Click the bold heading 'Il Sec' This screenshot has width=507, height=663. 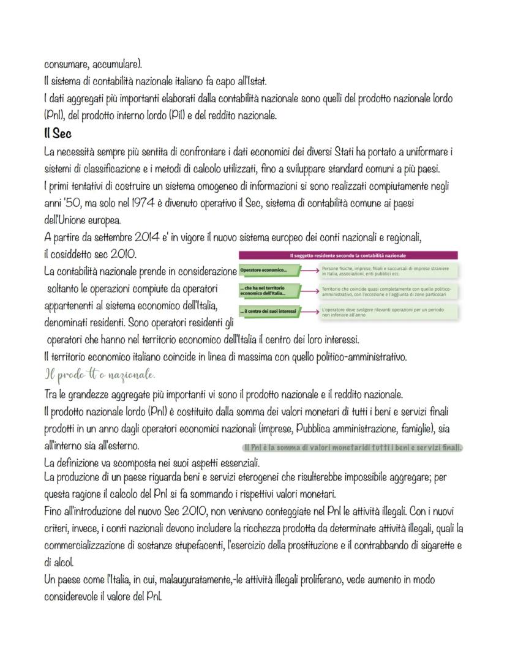click(59, 133)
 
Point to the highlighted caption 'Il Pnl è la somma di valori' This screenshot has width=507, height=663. click(348, 447)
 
